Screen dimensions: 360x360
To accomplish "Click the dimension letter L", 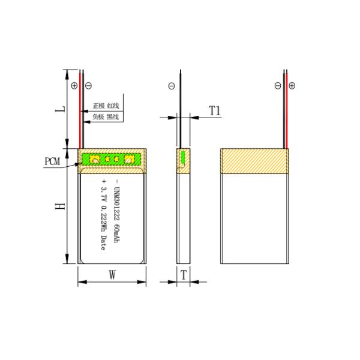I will pos(58,111).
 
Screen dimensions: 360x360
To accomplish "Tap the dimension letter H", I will pos(58,206).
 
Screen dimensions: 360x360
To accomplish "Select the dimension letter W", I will pos(112,275).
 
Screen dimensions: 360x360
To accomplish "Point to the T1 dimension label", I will pos(215,110).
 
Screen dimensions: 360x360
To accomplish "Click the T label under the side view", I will pos(184,275).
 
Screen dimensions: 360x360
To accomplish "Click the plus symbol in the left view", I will pos(74,86).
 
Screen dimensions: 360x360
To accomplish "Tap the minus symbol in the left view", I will pos(88,86).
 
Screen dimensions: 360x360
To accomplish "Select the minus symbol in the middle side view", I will pos(172,86).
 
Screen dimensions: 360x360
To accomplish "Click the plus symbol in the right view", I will pos(292,86).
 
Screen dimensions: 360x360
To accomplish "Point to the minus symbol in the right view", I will pos(278,86).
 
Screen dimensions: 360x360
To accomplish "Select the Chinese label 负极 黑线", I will pos(105,116).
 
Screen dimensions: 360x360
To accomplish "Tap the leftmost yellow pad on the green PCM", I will pos(94,160).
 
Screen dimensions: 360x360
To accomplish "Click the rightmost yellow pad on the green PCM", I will pos(128,160).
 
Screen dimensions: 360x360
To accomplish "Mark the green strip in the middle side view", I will pos(183,159).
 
